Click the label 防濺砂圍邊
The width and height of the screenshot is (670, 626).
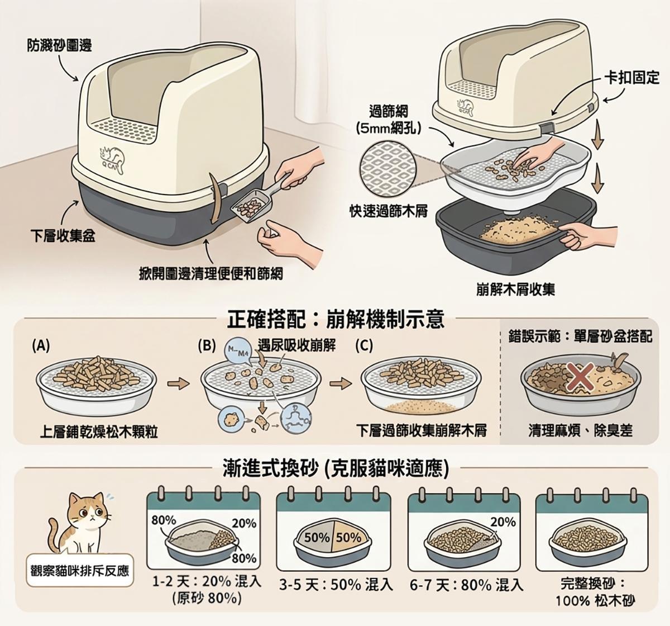click(59, 45)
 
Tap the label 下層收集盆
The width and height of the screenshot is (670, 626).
click(63, 235)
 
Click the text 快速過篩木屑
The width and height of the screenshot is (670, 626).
click(389, 211)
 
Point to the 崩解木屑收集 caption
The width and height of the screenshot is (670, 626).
click(516, 290)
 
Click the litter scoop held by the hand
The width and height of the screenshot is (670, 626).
click(256, 200)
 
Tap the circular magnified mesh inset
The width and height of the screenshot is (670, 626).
click(388, 170)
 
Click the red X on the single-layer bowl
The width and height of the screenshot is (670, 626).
click(580, 378)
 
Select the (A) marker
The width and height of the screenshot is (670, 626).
click(41, 345)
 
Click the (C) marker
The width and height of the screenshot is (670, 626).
click(364, 345)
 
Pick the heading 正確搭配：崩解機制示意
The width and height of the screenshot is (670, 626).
click(336, 320)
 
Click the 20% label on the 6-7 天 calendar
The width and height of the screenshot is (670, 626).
click(503, 522)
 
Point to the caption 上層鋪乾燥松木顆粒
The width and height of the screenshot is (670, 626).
click(99, 431)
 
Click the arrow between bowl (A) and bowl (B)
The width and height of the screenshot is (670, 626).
click(179, 383)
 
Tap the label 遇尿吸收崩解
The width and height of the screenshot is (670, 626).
click(297, 345)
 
